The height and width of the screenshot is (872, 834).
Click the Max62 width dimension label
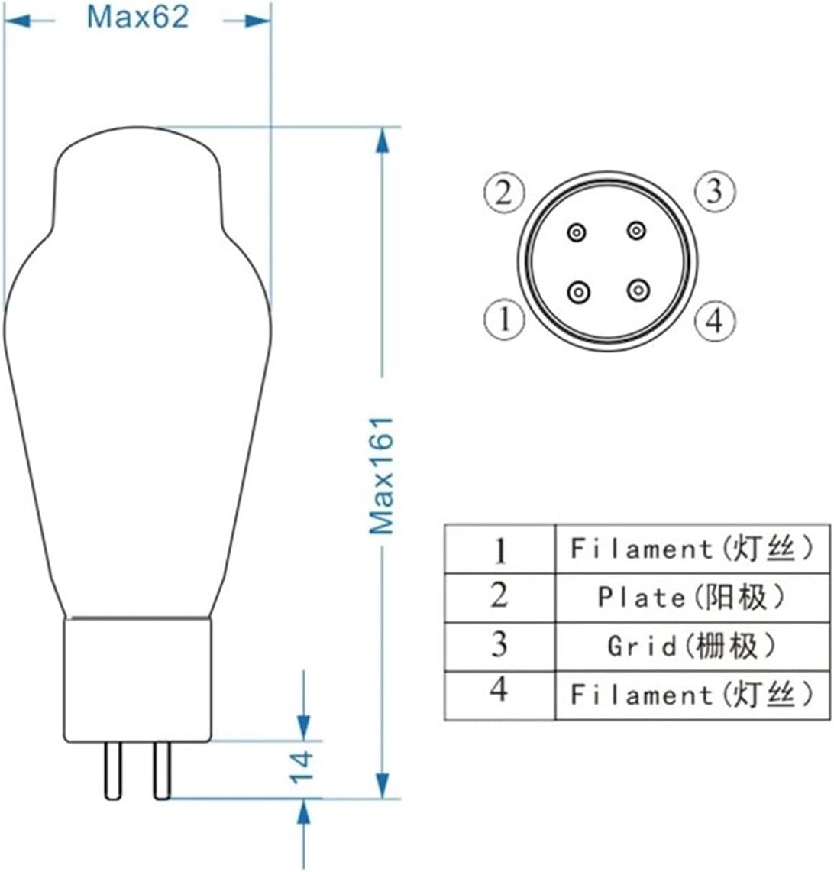pos(137,17)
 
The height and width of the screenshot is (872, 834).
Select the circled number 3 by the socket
pos(714,191)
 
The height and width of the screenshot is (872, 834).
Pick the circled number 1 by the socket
pos(504,319)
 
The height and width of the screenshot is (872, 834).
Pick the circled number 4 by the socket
pos(714,320)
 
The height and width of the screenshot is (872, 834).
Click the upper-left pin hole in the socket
pos(577,231)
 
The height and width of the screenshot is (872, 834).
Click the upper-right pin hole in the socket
pos(636,230)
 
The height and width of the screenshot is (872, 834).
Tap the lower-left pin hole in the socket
pos(579,291)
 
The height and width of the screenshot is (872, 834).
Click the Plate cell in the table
pos(691,598)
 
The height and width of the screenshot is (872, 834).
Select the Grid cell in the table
pos(691,647)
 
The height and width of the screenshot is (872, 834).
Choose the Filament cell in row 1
pos(691,549)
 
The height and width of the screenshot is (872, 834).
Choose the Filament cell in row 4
pos(691,695)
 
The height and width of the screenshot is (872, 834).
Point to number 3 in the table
pos(499,644)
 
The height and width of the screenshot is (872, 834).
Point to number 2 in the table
pos(499,595)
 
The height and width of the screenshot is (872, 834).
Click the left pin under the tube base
pos(113,770)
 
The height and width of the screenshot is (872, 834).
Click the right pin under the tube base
pos(162,770)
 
